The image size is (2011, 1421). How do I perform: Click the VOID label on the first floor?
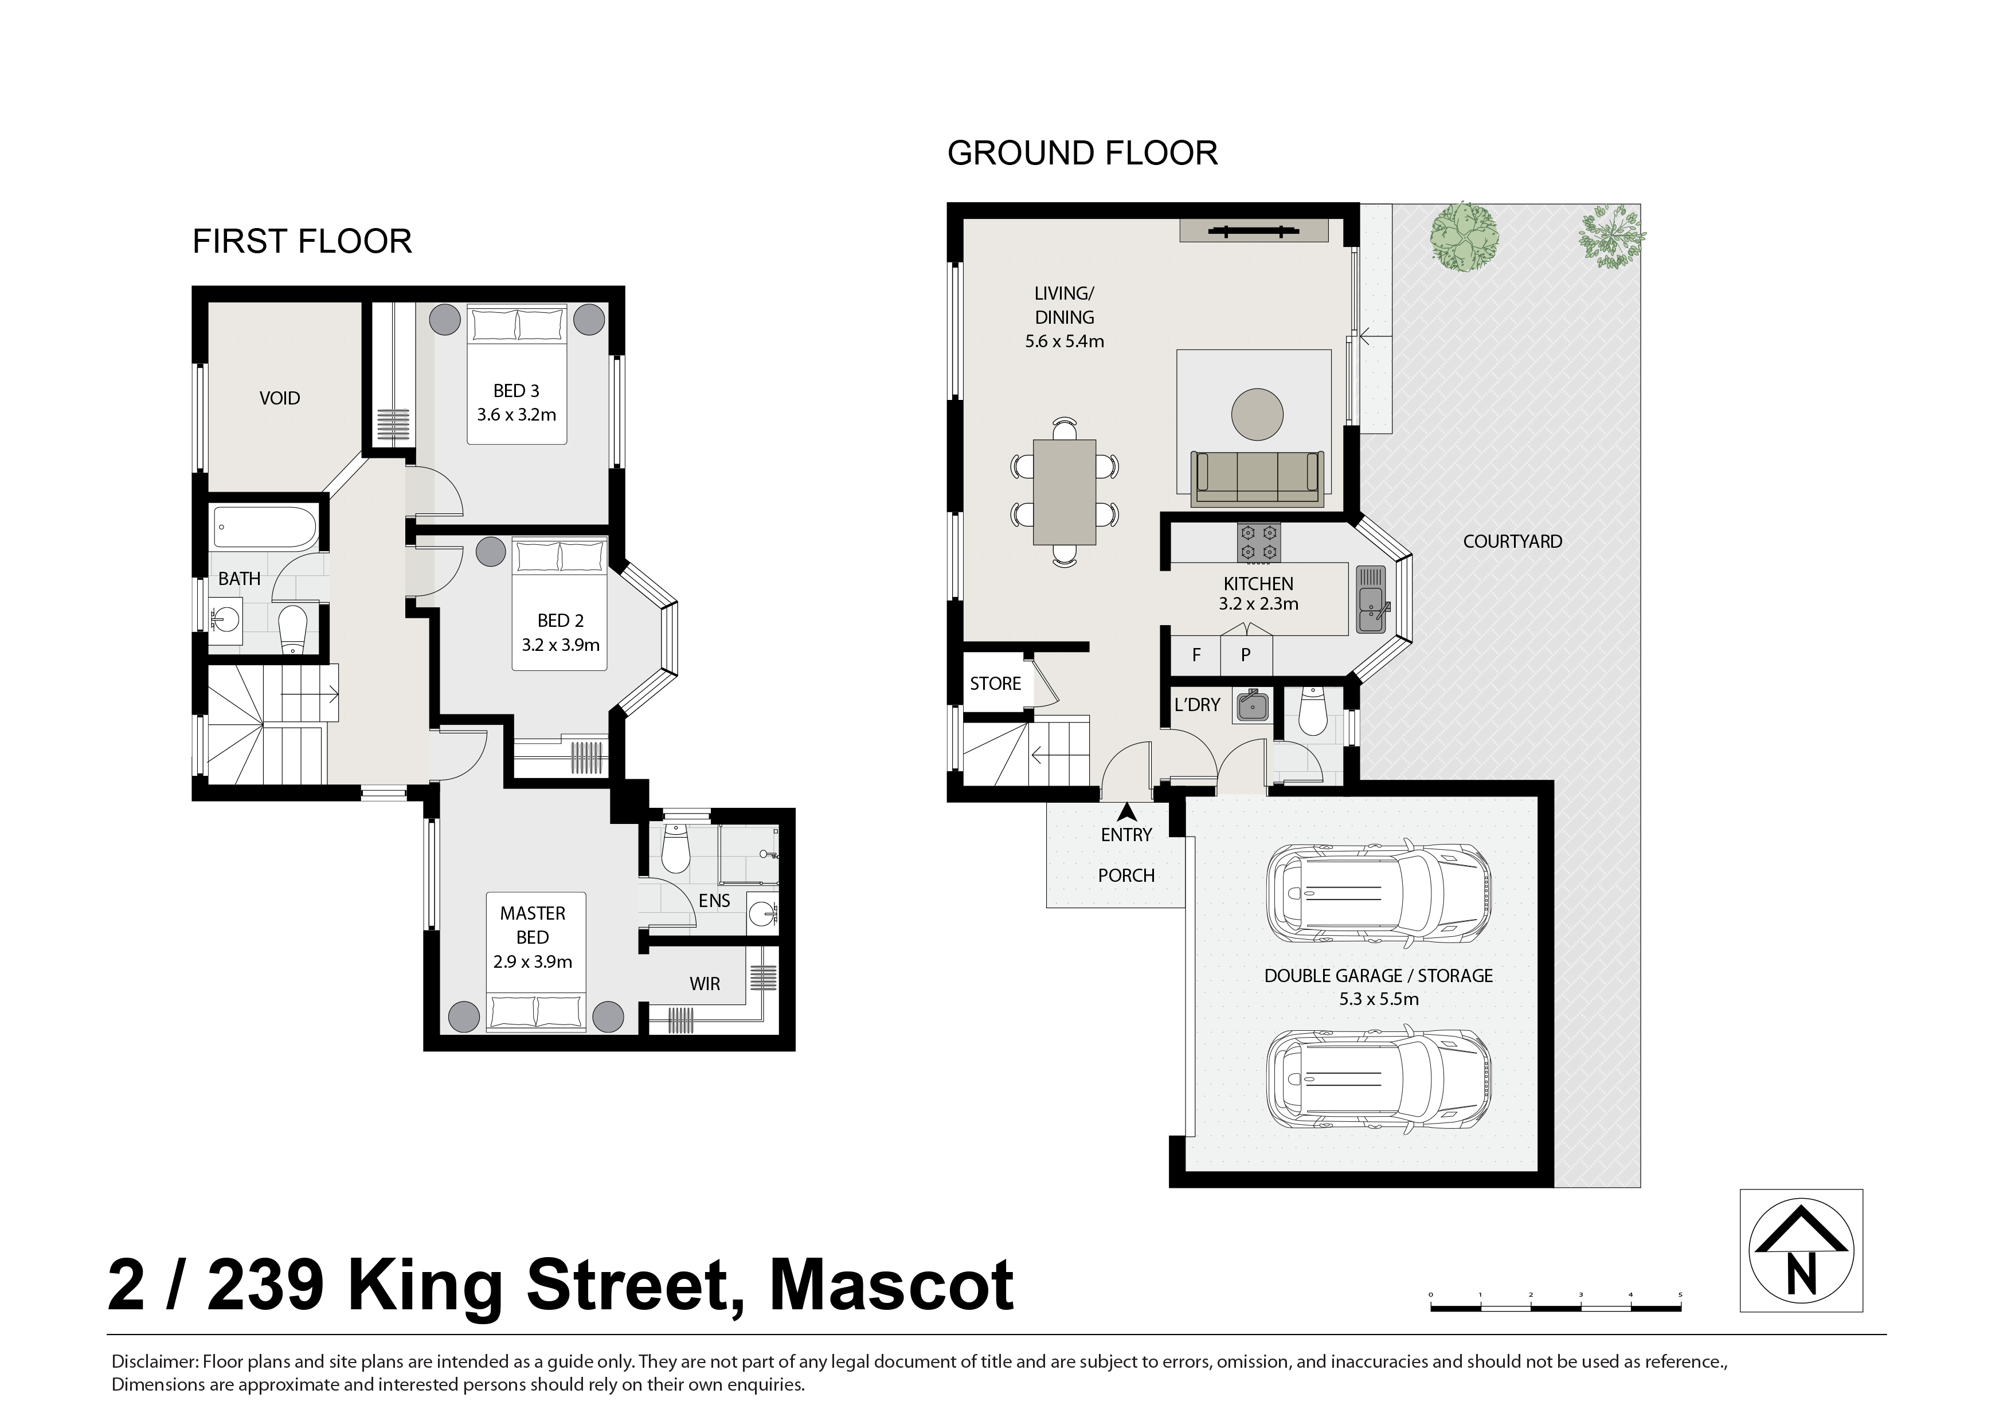279,398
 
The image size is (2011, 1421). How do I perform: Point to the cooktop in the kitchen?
1259,542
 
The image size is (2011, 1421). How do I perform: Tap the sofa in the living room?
1257,478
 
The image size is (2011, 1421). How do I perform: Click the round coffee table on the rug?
1257,414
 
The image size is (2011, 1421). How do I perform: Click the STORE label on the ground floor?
995,684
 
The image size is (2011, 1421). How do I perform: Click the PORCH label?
1126,876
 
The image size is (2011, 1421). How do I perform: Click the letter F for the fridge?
1196,655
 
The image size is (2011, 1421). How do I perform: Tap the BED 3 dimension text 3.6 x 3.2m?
516,415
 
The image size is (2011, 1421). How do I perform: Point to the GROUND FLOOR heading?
1082,153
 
